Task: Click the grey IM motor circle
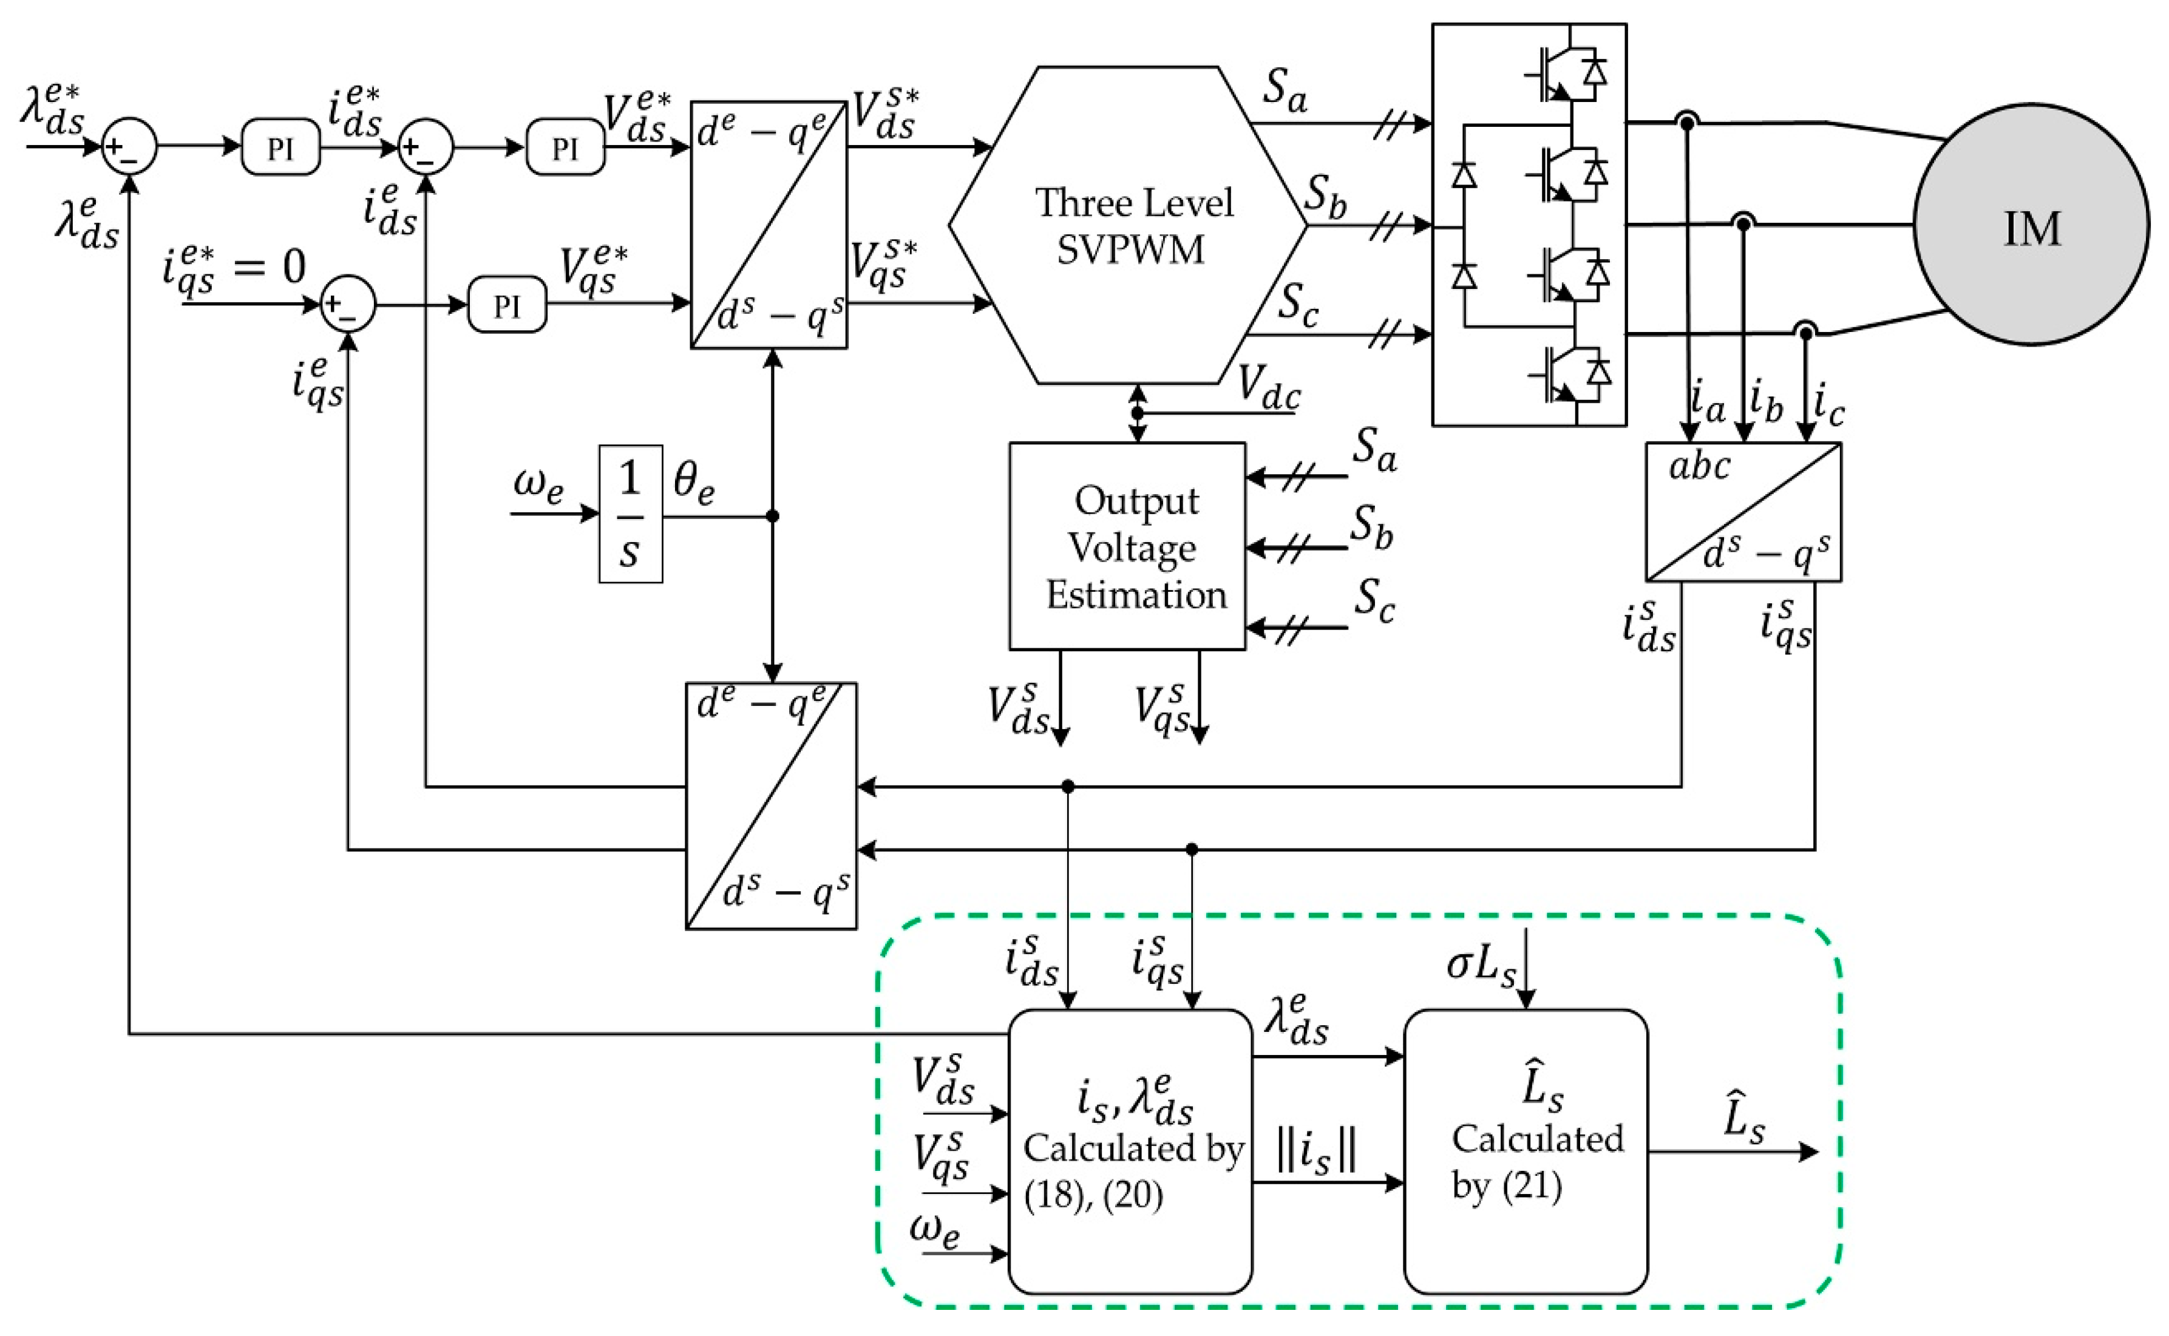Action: [x=2031, y=225]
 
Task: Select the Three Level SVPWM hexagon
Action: [x=1129, y=225]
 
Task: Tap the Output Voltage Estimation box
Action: [x=1127, y=547]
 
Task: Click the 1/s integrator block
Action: [x=630, y=514]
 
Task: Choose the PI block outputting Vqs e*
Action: [x=506, y=305]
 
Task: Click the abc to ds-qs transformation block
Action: [x=1742, y=512]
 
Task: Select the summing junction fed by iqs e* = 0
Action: [x=347, y=304]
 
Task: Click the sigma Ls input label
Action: [x=1481, y=966]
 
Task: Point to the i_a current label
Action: [x=1707, y=401]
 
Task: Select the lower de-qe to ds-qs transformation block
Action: [x=770, y=805]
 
